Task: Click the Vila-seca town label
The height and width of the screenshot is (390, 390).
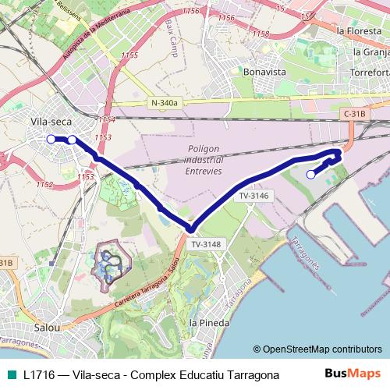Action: click(50, 122)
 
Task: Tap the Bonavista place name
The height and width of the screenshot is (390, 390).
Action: click(264, 70)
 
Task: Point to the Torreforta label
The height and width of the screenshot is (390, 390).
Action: click(371, 71)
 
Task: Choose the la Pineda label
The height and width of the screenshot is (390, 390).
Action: click(209, 321)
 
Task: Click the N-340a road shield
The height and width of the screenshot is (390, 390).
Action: click(165, 103)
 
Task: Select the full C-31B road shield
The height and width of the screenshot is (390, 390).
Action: click(353, 114)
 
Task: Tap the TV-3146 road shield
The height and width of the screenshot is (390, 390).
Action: click(254, 196)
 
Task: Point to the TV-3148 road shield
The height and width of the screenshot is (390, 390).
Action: click(207, 243)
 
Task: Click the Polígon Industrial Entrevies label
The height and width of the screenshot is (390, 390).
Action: click(205, 159)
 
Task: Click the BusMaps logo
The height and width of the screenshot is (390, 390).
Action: click(353, 374)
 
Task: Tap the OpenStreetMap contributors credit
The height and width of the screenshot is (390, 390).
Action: click(317, 349)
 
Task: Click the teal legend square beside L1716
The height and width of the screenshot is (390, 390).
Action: click(10, 374)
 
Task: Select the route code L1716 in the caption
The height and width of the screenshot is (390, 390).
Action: click(40, 374)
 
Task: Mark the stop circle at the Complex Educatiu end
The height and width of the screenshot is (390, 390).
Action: click(310, 175)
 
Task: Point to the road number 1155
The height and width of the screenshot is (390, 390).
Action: click(130, 55)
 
